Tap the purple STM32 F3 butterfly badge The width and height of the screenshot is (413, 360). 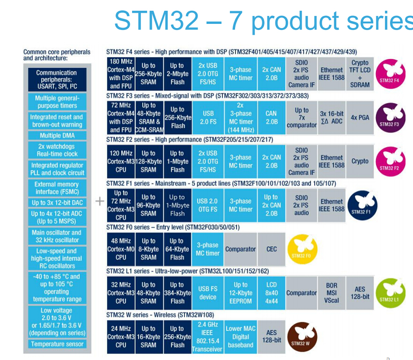click(390, 117)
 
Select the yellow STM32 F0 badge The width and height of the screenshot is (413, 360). click(302, 249)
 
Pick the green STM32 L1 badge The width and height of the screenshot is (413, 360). click(390, 293)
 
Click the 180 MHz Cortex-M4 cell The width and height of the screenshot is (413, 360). click(121, 73)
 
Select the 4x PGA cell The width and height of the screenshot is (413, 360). click(360, 118)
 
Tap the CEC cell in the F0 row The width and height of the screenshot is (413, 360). click(272, 249)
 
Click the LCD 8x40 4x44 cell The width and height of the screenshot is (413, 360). click(272, 293)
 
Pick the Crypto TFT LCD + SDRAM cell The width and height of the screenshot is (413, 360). click(360, 73)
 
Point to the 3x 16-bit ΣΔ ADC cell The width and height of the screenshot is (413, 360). click(332, 118)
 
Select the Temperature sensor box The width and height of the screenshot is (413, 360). click(57, 344)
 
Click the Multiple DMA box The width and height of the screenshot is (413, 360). click(57, 135)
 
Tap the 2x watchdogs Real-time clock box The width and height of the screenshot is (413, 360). click(57, 150)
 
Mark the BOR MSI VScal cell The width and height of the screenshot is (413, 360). click(332, 293)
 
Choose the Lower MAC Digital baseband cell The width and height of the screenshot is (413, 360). click(240, 337)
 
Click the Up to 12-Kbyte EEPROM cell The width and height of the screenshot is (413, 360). click(240, 293)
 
